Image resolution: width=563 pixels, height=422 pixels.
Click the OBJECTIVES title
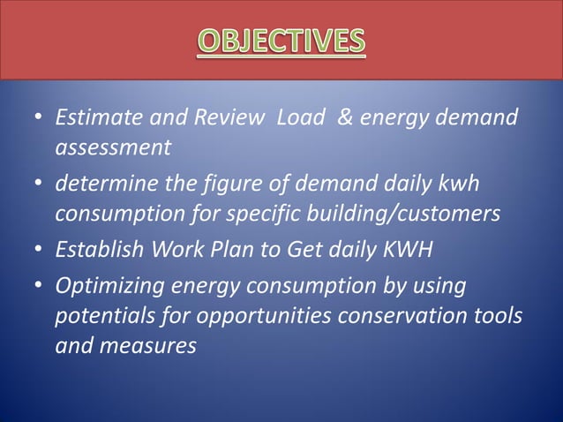[281, 41]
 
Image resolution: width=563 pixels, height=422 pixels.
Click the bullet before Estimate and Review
[38, 119]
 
